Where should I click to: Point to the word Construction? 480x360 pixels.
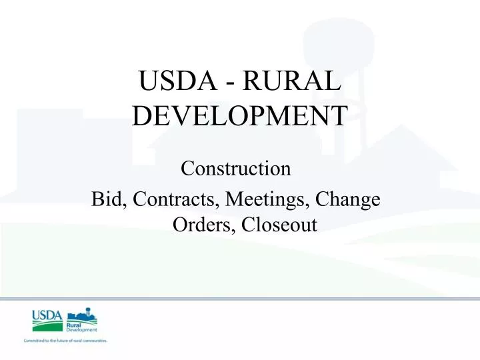[x=236, y=168]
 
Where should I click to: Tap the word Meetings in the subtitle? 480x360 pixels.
[x=261, y=199]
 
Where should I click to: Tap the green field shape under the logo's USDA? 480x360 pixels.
[x=45, y=326]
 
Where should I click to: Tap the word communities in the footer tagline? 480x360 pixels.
[x=93, y=341]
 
